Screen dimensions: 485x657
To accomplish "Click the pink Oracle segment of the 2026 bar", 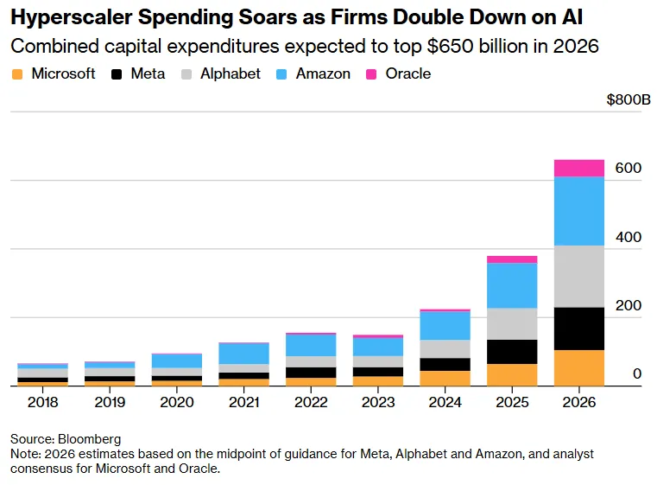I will [578, 168].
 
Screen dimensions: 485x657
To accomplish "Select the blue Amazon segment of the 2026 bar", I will [578, 211].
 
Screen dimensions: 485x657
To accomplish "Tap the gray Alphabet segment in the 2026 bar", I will [578, 277].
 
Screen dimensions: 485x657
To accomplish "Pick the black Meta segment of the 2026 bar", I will [578, 329].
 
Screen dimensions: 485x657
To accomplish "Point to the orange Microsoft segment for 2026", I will [578, 367].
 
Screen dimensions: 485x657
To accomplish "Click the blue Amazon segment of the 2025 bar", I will [511, 285].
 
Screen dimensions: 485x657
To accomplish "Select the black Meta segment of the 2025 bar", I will [511, 352].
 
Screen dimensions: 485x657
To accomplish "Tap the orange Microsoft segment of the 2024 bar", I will [445, 378].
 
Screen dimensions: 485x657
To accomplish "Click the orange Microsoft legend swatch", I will [17, 74].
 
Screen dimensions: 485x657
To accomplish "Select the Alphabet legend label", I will [231, 74].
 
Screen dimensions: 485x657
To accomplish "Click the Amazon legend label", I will [323, 74].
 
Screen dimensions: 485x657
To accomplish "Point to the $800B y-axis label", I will [629, 100].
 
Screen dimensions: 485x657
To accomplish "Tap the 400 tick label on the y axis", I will [629, 236].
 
